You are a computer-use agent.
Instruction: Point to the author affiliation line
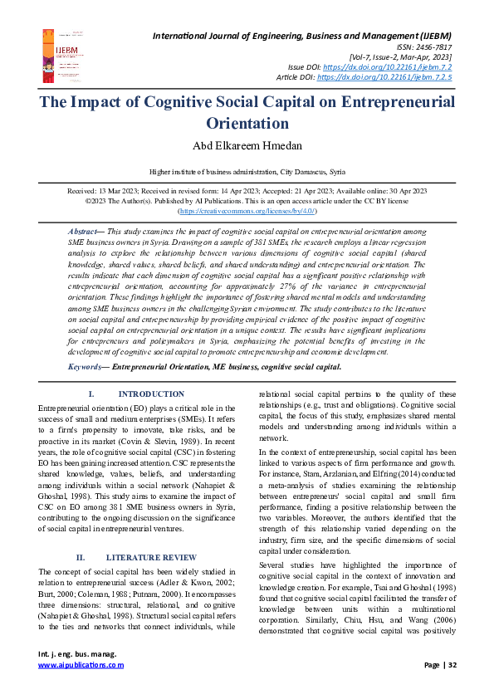pos(246,172)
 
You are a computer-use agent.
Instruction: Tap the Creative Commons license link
pos(247,211)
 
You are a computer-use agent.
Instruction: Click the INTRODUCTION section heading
pos(151,394)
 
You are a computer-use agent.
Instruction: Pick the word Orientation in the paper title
pos(247,124)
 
